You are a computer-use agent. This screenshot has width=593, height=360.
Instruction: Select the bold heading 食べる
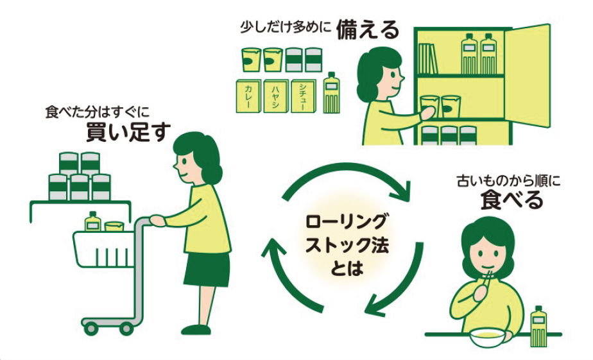coord(511,200)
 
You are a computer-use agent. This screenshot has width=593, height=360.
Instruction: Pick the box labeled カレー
coord(248,97)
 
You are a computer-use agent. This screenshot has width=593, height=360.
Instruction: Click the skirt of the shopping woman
coord(206,270)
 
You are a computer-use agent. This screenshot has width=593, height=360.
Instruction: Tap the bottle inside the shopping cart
coord(92,221)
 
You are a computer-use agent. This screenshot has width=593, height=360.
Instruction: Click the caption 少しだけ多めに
coord(286,28)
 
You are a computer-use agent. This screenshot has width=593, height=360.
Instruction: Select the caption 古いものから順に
coord(509,181)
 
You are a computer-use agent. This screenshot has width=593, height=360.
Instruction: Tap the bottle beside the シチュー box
coord(331,93)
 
